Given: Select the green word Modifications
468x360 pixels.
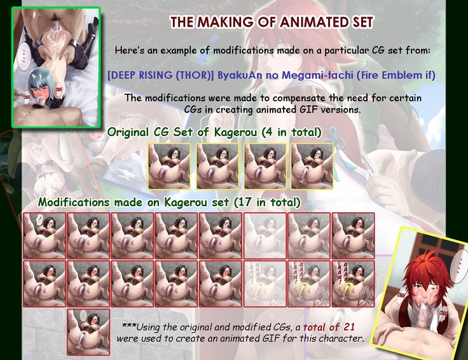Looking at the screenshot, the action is pyautogui.click(x=73, y=202).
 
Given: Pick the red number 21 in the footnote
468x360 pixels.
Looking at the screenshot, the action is pyautogui.click(x=348, y=327).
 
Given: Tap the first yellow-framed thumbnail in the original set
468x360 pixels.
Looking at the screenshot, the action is pyautogui.click(x=169, y=166).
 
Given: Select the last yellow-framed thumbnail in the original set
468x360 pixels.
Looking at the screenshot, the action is pyautogui.click(x=312, y=166).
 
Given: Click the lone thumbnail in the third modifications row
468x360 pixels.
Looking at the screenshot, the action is pyautogui.click(x=88, y=332).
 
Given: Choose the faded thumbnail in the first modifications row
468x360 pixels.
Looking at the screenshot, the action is pyautogui.click(x=265, y=235).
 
